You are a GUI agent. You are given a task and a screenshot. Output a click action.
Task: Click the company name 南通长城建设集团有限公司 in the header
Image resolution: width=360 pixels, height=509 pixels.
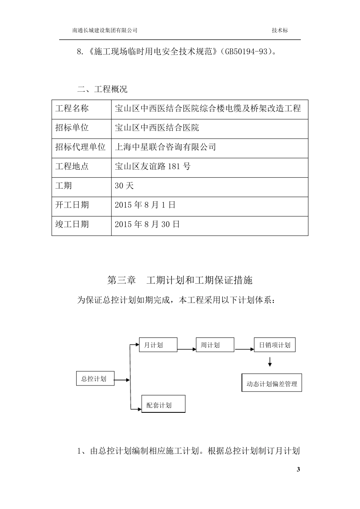tap(105, 31)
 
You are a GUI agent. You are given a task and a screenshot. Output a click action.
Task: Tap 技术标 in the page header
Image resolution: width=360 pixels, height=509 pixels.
tap(280, 31)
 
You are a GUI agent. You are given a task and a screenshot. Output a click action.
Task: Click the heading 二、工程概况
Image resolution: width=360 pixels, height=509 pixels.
tap(102, 89)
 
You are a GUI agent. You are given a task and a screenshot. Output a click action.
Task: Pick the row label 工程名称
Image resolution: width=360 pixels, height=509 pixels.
tap(72, 109)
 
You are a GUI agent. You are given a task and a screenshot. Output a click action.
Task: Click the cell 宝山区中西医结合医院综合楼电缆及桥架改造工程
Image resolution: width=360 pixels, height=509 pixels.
tap(208, 109)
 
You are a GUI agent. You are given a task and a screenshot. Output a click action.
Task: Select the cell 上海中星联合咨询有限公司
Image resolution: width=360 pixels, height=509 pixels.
tap(165, 147)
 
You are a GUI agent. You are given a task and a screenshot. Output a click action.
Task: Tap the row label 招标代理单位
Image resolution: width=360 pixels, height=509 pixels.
tap(80, 147)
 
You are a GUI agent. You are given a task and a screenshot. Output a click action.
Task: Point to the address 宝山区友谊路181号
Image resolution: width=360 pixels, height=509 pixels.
tap(152, 166)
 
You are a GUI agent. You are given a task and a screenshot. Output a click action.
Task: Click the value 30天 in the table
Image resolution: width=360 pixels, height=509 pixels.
tap(124, 186)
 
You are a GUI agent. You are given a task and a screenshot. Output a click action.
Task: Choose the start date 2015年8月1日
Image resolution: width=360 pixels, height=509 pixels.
tap(145, 205)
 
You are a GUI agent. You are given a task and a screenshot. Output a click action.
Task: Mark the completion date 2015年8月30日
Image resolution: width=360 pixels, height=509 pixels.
tap(147, 224)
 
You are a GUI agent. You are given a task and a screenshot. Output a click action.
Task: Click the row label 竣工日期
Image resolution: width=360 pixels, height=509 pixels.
tap(72, 224)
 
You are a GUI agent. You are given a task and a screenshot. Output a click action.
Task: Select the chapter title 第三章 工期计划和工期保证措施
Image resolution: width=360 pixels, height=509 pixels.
tap(180, 280)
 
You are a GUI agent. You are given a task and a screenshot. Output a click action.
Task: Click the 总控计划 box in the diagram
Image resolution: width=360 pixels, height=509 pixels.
tap(95, 378)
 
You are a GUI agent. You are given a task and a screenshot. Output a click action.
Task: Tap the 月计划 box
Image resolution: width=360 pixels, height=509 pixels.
tap(158, 345)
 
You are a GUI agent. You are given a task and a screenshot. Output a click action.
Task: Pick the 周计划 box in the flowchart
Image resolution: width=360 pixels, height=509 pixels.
tap(214, 345)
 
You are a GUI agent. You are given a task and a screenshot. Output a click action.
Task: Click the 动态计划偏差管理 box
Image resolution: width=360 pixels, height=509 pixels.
tap(271, 383)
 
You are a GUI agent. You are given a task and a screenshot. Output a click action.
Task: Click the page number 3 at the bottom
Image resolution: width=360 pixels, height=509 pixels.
tap(298, 470)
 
